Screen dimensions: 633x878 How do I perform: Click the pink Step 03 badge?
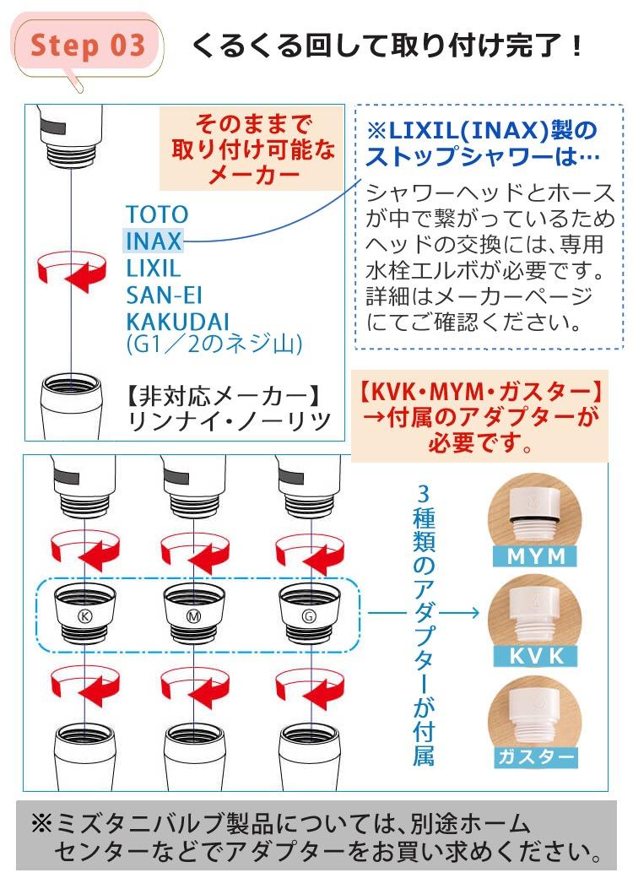(x=87, y=46)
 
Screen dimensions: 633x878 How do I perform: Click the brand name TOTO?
(x=157, y=214)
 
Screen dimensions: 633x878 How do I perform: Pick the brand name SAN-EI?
(x=164, y=295)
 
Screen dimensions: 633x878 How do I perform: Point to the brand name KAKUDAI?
(x=178, y=322)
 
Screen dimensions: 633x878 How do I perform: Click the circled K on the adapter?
(x=85, y=616)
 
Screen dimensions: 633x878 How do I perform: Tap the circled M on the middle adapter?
(x=193, y=616)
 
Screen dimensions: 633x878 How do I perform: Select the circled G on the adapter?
(x=309, y=616)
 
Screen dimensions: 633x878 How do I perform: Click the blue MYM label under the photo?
(x=536, y=556)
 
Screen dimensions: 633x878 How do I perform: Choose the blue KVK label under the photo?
(x=536, y=656)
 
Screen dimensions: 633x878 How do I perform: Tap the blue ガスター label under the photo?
(x=536, y=756)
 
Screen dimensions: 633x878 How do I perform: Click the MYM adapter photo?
(x=534, y=514)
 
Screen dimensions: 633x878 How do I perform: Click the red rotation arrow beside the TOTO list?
(x=72, y=271)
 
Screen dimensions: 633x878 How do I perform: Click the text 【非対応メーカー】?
(x=224, y=397)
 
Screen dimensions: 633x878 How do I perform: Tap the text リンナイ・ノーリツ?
(x=230, y=421)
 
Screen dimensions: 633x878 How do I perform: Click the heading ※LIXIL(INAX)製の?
(x=482, y=131)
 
